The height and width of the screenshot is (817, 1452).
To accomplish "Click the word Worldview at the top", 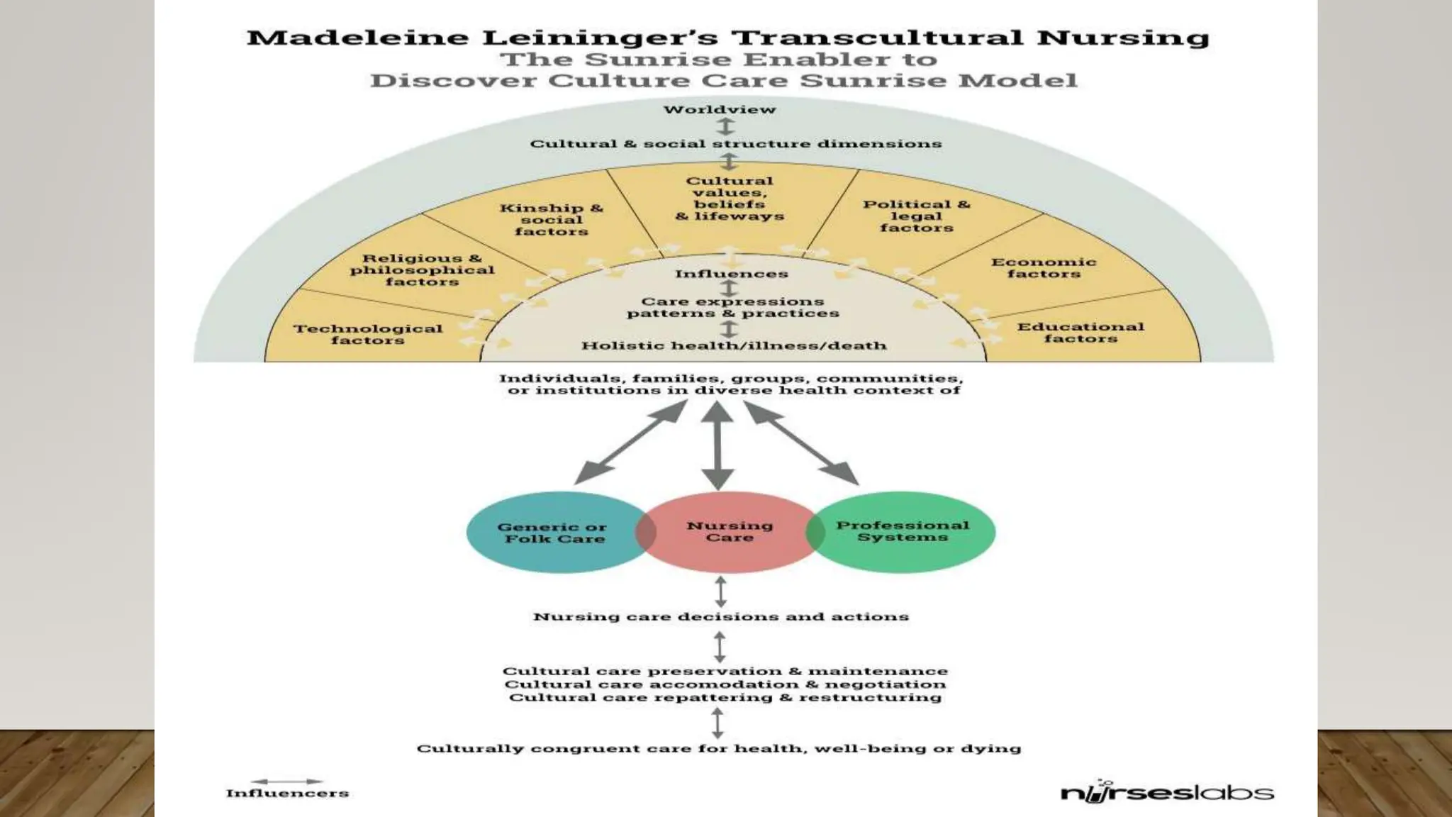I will point(720,109).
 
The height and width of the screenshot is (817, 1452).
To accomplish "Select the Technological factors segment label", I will point(368,334).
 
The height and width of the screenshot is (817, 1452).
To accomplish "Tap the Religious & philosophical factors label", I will point(422,270).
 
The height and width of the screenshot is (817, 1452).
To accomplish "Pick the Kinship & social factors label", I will point(551,219).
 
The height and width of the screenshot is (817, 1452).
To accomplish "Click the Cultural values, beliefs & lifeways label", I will point(730,199).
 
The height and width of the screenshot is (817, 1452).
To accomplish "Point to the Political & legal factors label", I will point(916,216).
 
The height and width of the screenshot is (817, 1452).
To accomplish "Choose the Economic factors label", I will point(1043,267).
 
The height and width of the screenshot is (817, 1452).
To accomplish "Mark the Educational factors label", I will point(1080,332).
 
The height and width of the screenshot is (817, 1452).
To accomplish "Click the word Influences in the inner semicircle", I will point(731,274).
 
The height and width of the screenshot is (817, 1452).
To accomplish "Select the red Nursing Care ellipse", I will point(730,531).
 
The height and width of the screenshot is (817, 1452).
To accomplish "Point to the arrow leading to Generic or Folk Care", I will point(631,442).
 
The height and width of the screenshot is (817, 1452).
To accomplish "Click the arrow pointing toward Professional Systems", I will point(801,442).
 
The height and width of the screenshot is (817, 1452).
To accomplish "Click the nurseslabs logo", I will point(1166,791).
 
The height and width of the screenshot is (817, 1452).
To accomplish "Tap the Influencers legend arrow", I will point(287,782).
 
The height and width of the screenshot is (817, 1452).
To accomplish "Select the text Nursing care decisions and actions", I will point(721,616).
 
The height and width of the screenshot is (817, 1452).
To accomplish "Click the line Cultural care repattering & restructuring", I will point(725,697).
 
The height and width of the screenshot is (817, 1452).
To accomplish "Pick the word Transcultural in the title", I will point(876,37).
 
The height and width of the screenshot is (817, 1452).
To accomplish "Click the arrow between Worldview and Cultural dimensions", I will point(725,126).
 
